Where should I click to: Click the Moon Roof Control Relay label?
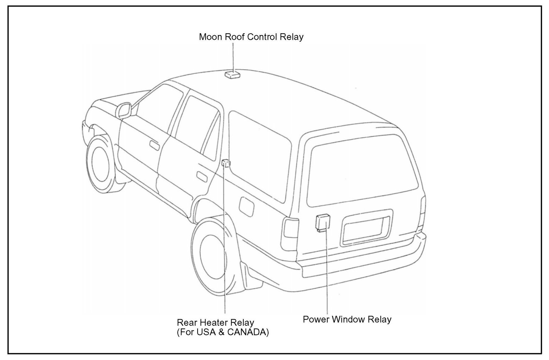(251, 37)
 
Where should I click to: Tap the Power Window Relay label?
(347, 320)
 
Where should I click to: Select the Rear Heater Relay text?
(215, 323)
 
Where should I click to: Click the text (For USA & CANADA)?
(223, 332)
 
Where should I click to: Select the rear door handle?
(202, 176)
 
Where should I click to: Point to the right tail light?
(423, 213)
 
